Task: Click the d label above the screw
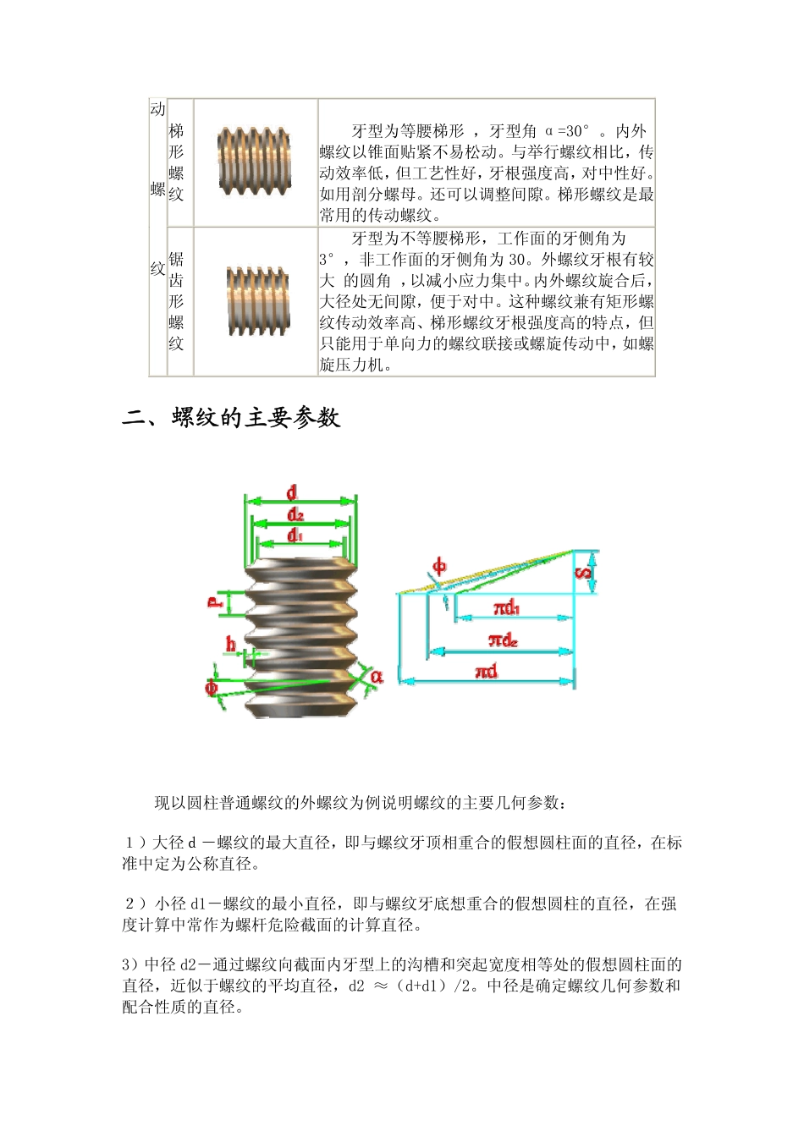292,492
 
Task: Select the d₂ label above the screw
295,514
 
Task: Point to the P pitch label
215,601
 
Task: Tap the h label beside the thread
230,645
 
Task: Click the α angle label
376,676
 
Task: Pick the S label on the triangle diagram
584,574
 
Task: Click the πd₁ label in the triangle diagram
506,608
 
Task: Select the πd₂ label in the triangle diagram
503,640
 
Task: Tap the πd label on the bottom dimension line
487,672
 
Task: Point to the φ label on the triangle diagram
439,566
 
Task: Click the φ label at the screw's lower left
212,687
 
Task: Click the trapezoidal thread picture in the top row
255,161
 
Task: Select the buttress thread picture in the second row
258,300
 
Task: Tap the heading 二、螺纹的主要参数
231,418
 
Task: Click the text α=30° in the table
566,131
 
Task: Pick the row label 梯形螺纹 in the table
176,162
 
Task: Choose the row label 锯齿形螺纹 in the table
176,301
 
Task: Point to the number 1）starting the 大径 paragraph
135,843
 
